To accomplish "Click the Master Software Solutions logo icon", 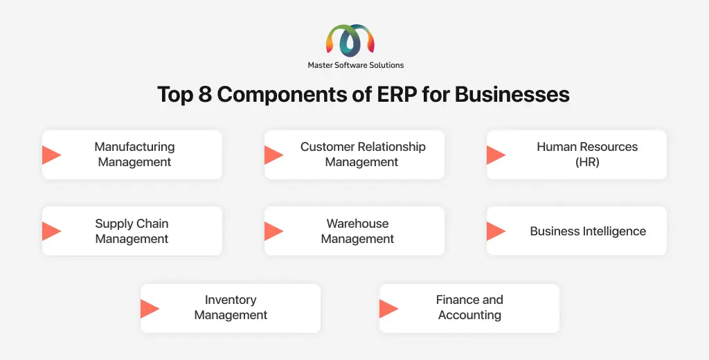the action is click(x=350, y=41).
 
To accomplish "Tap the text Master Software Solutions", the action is click(x=356, y=65).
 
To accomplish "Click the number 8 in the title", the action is click(x=205, y=95).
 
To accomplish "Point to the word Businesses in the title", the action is click(x=512, y=95).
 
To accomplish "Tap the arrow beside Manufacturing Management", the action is click(x=51, y=154).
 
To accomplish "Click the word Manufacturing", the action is click(x=134, y=147).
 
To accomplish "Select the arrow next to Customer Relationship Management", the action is click(x=274, y=154).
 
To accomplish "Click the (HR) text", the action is click(x=587, y=162).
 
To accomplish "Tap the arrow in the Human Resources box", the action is click(x=496, y=154).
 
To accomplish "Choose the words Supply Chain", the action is click(x=132, y=224).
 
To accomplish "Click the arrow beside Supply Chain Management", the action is click(x=51, y=231).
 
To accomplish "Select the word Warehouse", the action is click(x=358, y=224).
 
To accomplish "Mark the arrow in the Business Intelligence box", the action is click(x=496, y=231).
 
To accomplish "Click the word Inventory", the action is click(x=231, y=300).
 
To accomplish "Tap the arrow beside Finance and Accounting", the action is click(x=389, y=309).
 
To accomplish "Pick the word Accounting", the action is click(x=469, y=315).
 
